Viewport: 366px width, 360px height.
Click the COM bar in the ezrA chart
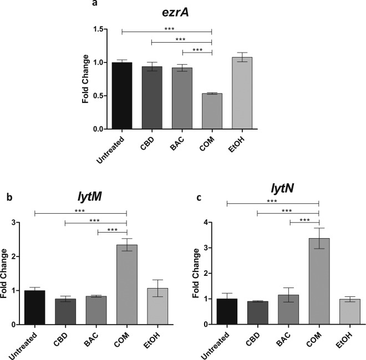(x=212, y=111)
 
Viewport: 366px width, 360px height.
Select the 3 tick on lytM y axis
(x=18, y=223)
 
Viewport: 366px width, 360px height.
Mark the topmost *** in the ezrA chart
(x=167, y=27)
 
